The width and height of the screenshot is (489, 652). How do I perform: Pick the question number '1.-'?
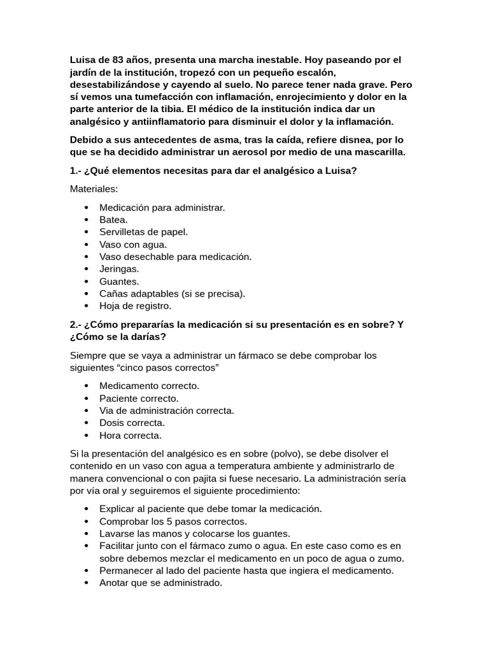(x=77, y=171)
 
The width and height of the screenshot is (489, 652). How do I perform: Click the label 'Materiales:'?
(x=94, y=189)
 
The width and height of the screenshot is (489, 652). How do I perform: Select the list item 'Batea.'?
(x=113, y=220)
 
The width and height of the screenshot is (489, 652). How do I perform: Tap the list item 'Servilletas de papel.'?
(x=143, y=232)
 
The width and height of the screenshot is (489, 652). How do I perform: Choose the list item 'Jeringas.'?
(x=119, y=269)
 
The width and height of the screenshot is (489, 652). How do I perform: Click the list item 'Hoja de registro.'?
(x=135, y=306)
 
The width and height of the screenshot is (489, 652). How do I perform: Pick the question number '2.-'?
(x=77, y=324)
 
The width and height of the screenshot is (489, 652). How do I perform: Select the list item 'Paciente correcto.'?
(x=139, y=398)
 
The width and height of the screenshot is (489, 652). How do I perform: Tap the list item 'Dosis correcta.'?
(x=132, y=423)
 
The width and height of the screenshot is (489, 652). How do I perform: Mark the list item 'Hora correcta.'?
(x=130, y=436)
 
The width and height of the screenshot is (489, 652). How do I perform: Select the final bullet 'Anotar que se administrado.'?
(x=160, y=583)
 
